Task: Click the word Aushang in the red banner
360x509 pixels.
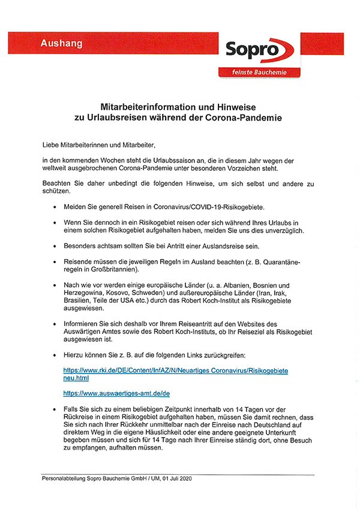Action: coord(63,43)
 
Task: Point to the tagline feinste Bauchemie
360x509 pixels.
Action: coord(259,73)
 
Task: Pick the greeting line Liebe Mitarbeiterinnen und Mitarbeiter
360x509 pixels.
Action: coord(103,145)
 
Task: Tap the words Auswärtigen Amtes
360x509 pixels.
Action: coord(100,332)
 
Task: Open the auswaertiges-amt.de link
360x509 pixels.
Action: coord(116,393)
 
